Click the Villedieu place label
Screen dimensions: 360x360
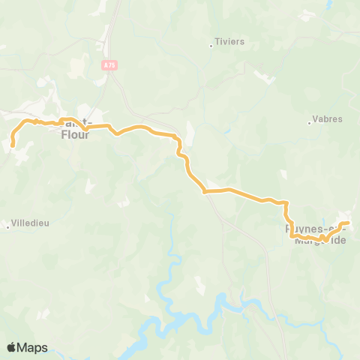pyautogui.click(x=31, y=223)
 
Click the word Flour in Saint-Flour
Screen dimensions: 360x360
pyautogui.click(x=75, y=135)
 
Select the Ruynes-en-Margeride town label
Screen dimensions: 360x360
pyautogui.click(x=315, y=235)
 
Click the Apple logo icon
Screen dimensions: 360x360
pyautogui.click(x=11, y=347)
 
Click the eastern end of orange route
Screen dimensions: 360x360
pyautogui.click(x=349, y=223)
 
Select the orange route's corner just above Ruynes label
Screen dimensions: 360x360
pyautogui.click(x=287, y=202)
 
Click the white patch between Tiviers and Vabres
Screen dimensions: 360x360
pyautogui.click(x=264, y=77)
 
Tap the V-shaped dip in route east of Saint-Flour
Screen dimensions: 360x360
pyautogui.click(x=116, y=134)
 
